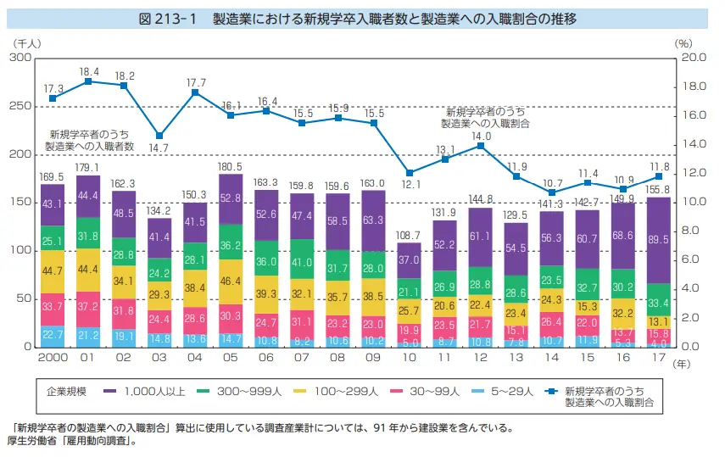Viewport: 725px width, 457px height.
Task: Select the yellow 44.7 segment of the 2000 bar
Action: pyautogui.click(x=53, y=271)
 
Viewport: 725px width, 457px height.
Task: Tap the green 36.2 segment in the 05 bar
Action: pyautogui.click(x=231, y=242)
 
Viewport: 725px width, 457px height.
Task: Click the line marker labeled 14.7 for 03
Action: pyautogui.click(x=159, y=136)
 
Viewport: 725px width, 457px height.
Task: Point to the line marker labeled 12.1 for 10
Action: pyautogui.click(x=409, y=173)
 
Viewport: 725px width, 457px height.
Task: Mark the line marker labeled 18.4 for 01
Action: pyautogui.click(x=88, y=81)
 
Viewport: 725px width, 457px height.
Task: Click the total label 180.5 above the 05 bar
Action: pyautogui.click(x=231, y=167)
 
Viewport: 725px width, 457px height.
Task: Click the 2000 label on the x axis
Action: pyautogui.click(x=53, y=359)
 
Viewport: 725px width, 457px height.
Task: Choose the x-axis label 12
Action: pyautogui.click(x=481, y=359)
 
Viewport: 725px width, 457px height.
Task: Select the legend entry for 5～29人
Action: pyautogui.click(x=511, y=393)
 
